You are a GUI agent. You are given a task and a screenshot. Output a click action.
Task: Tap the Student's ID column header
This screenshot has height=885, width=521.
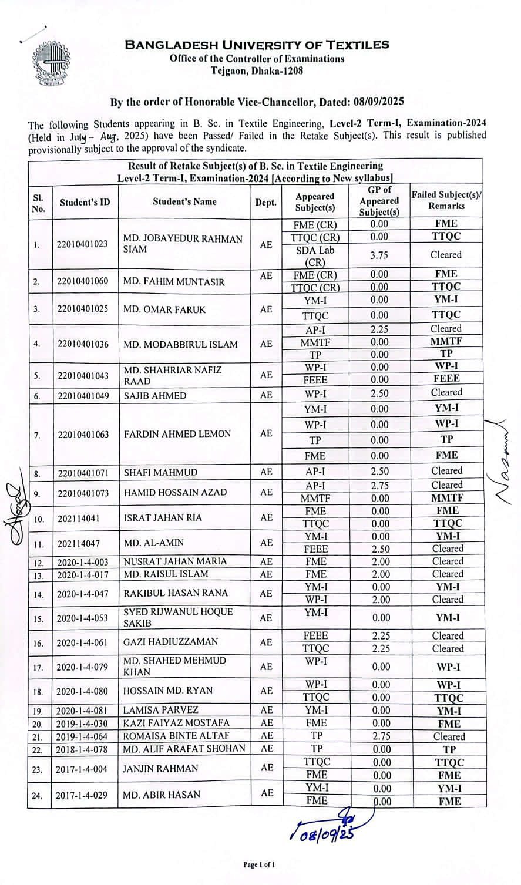(x=85, y=202)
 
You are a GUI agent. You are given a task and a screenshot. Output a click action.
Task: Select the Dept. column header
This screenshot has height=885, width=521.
(x=265, y=202)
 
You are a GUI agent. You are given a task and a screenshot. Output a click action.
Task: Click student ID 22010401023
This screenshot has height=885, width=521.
(x=82, y=244)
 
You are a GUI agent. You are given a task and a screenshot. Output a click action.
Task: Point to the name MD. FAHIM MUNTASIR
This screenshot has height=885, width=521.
(x=174, y=281)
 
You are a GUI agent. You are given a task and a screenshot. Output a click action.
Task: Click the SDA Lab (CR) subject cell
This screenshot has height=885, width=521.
(x=315, y=256)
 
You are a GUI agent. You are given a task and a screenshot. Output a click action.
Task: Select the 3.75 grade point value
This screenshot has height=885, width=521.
(x=379, y=255)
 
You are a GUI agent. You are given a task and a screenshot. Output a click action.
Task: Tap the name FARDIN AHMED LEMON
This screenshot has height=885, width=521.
(x=177, y=434)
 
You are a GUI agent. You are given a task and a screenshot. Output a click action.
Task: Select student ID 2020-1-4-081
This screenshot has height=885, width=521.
(x=82, y=711)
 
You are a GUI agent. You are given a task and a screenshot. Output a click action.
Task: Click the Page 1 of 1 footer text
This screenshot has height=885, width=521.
(x=259, y=864)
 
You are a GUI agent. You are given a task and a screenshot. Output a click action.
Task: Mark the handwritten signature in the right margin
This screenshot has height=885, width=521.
(x=502, y=464)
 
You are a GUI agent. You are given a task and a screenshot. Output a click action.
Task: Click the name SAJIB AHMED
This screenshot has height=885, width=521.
(x=155, y=396)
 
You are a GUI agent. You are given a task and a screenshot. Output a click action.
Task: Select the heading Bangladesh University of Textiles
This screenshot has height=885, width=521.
(x=257, y=45)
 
